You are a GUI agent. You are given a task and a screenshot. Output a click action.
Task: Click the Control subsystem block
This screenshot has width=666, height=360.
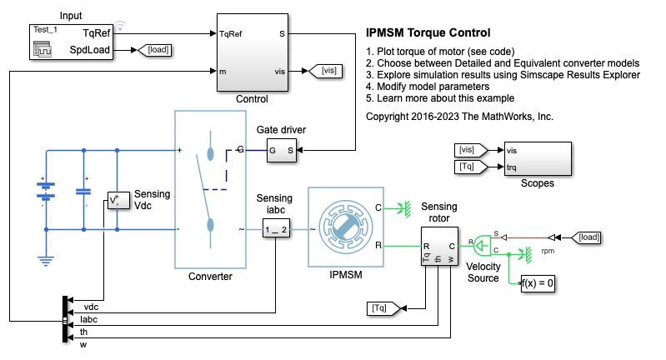click(252, 52)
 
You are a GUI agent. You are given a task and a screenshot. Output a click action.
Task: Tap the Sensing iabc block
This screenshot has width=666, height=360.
click(275, 229)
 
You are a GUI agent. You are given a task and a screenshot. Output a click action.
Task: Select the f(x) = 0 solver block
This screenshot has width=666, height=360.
click(538, 283)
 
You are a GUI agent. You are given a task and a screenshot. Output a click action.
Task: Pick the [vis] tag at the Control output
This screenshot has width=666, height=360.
click(328, 71)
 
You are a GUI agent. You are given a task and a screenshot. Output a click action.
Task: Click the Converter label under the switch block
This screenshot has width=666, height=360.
click(210, 277)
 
